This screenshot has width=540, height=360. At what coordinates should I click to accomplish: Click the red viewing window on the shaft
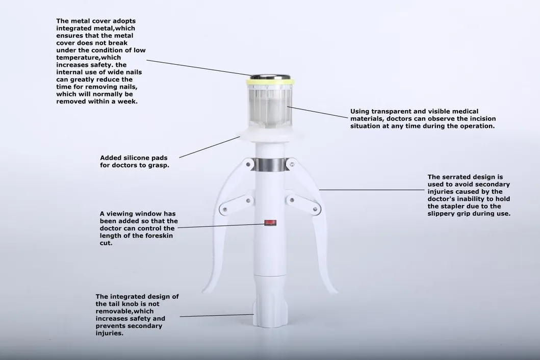click(x=269, y=223)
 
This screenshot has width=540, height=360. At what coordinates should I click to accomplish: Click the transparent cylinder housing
click(x=270, y=107)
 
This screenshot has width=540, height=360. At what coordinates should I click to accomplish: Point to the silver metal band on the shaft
click(x=270, y=164)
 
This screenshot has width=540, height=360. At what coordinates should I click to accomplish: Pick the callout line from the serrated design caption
click(x=372, y=190)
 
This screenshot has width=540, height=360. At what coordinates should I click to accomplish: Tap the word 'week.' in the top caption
click(x=127, y=101)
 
